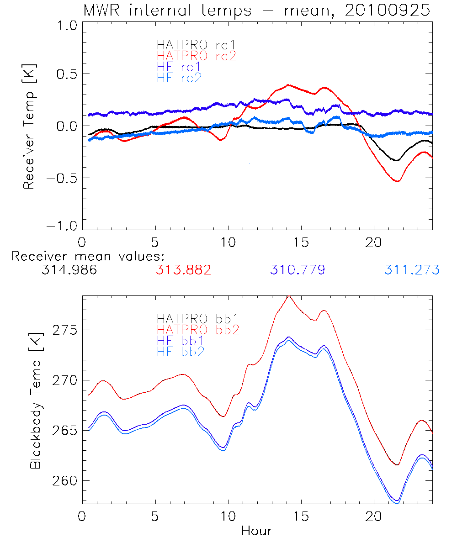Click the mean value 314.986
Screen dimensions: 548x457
point(69,270)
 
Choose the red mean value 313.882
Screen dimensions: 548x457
point(183,270)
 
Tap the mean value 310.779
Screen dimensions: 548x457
point(298,270)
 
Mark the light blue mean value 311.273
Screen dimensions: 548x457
point(412,270)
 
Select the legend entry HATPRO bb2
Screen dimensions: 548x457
point(198,329)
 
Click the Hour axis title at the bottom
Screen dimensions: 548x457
point(257,531)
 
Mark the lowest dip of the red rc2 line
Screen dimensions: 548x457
point(398,181)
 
